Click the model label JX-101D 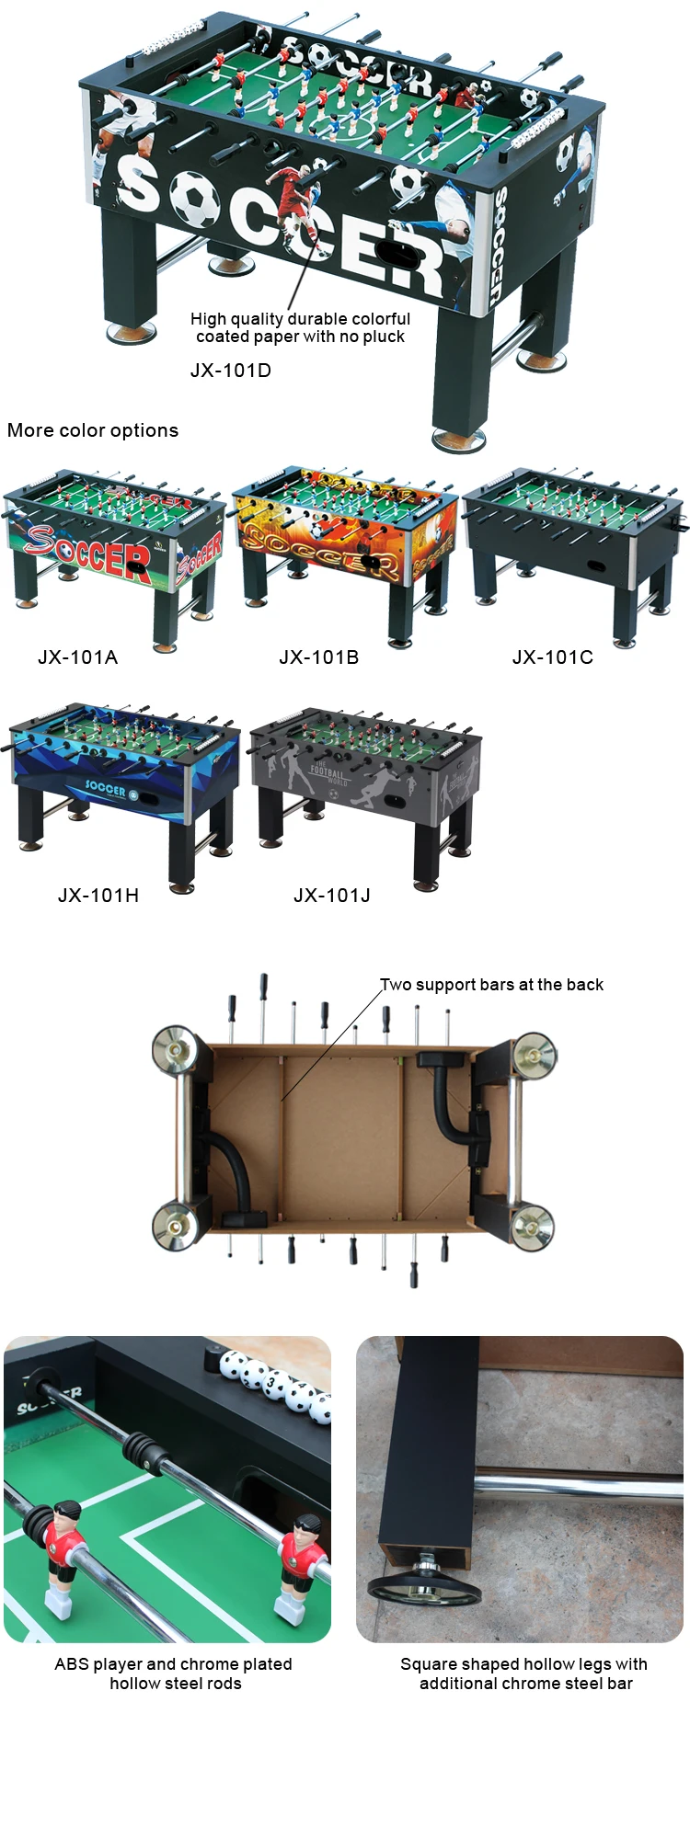(230, 371)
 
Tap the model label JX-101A (77, 657)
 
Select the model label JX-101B (318, 657)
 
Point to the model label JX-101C (552, 657)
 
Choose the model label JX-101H (98, 895)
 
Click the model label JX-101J (331, 895)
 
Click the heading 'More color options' (93, 430)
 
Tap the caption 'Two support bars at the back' (492, 985)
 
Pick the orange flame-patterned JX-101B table (345, 547)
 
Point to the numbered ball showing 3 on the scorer (274, 1382)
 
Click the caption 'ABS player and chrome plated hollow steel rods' (174, 1673)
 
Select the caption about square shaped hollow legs (524, 1673)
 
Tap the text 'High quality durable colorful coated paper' (300, 327)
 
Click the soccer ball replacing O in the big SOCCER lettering (194, 199)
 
